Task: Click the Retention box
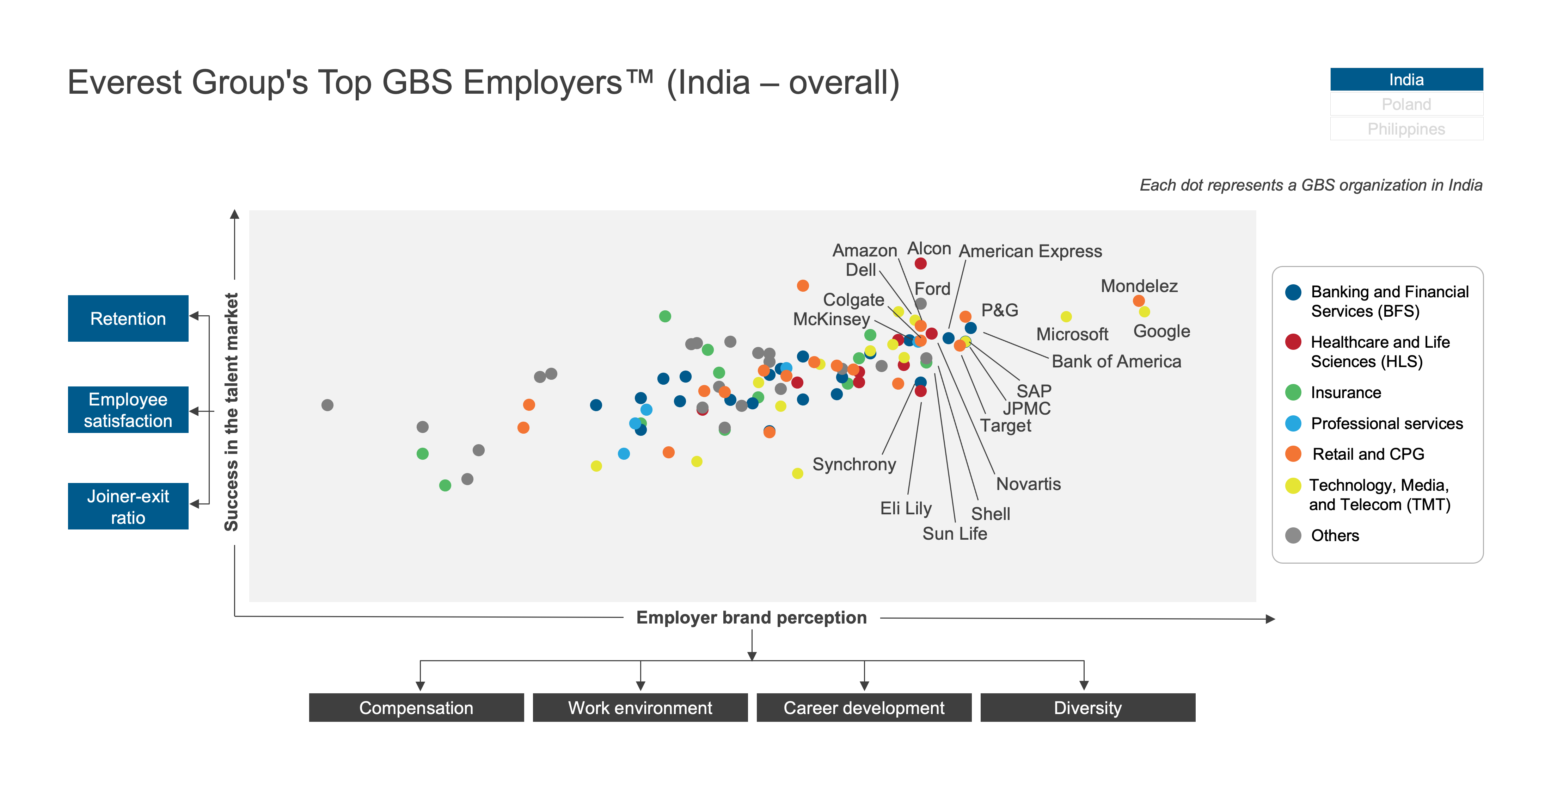(128, 318)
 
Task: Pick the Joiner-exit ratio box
(128, 506)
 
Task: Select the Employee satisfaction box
(128, 410)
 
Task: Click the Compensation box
(416, 707)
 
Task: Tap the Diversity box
(1087, 707)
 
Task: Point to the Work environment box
(640, 707)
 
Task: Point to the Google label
(1161, 331)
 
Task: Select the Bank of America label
(1116, 361)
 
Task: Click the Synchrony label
(854, 464)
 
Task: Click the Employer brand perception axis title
(752, 618)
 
